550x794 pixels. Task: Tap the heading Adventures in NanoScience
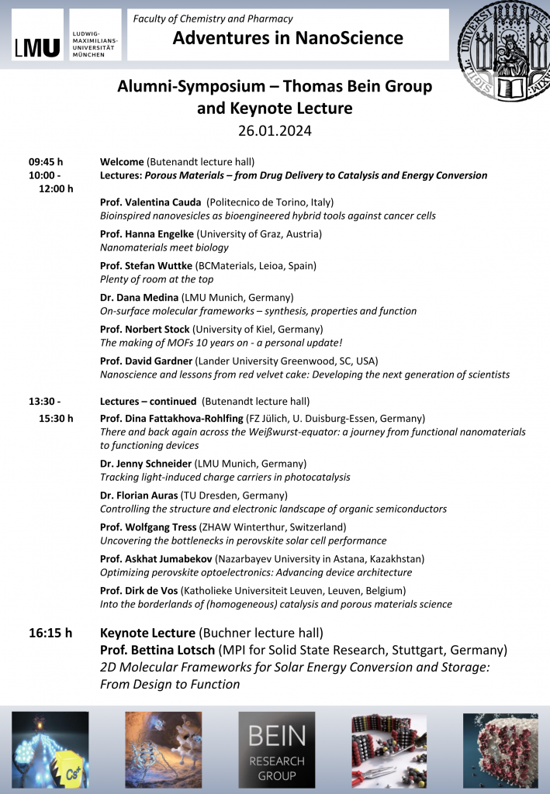(x=288, y=38)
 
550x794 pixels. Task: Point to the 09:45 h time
(x=46, y=162)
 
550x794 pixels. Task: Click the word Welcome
(x=122, y=162)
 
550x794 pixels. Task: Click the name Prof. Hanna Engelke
(x=147, y=234)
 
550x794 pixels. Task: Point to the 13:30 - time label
(x=45, y=402)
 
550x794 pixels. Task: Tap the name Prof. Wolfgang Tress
(x=148, y=527)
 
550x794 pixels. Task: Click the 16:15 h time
(x=50, y=633)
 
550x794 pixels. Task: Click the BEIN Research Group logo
(x=276, y=749)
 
